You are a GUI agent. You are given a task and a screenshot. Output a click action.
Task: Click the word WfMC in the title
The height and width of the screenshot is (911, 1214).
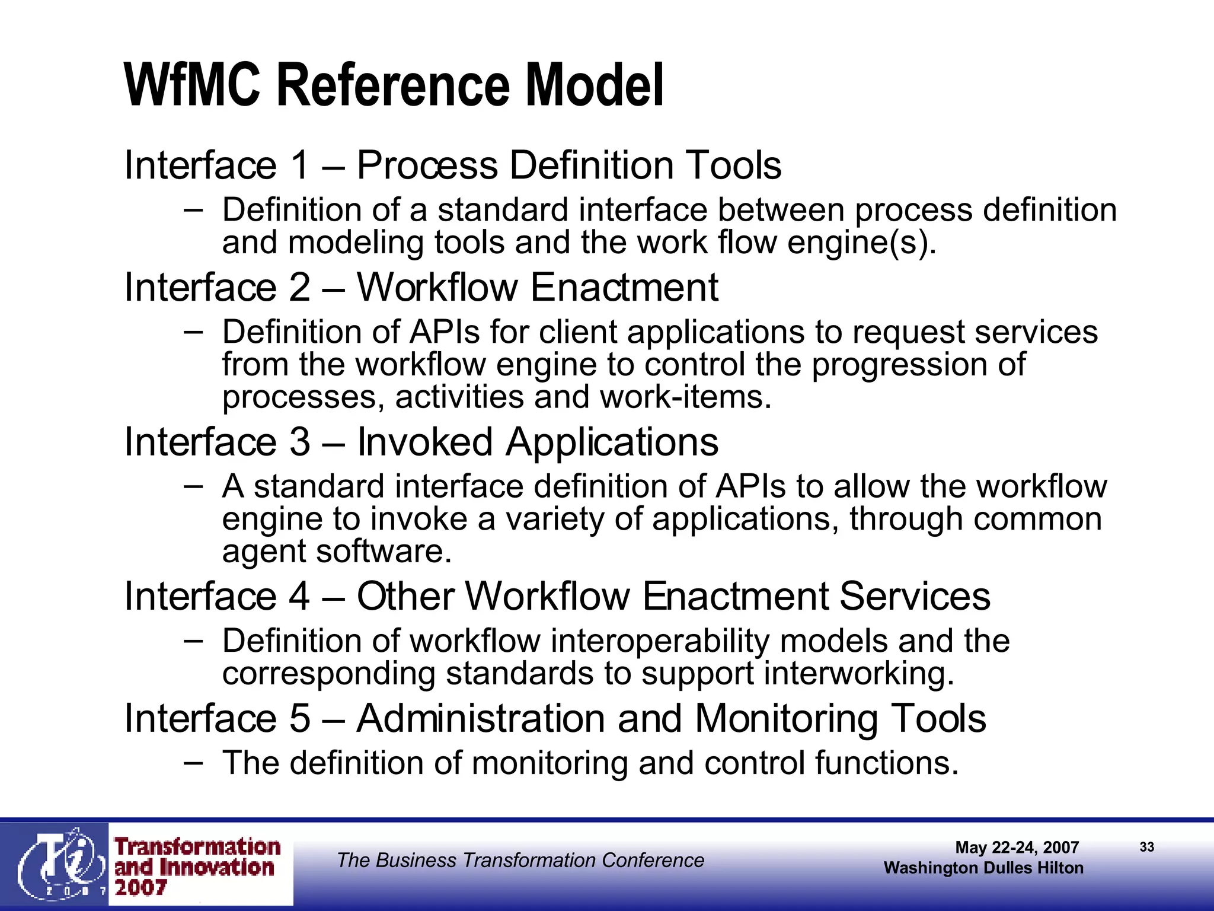pos(193,85)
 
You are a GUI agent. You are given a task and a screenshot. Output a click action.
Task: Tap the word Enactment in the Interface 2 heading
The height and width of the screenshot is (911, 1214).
pos(624,288)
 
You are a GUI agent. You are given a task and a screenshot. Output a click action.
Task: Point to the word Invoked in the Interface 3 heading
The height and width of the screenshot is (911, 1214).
pos(424,442)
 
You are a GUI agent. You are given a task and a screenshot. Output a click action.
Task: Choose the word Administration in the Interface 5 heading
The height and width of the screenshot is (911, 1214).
pos(481,718)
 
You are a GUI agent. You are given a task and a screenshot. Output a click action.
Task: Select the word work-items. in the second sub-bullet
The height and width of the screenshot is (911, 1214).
pos(686,397)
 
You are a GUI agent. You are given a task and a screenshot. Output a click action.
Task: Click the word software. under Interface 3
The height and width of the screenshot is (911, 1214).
pos(384,552)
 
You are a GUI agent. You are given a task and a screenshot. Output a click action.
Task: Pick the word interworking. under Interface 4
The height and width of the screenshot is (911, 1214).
pos(859,674)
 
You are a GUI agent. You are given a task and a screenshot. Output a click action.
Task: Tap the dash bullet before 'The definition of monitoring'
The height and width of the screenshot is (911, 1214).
pos(193,762)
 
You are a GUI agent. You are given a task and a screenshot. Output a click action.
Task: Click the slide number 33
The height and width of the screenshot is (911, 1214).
pos(1147,847)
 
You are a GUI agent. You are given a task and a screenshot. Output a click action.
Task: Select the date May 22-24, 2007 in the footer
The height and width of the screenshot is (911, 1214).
pos(1017,848)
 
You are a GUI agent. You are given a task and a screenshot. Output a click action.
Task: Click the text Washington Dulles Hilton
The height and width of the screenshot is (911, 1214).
pos(983,868)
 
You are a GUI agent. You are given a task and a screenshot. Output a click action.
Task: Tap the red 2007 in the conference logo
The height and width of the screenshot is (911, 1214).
pos(140,888)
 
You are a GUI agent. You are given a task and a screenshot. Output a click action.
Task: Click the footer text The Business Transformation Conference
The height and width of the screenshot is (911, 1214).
pos(520,860)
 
